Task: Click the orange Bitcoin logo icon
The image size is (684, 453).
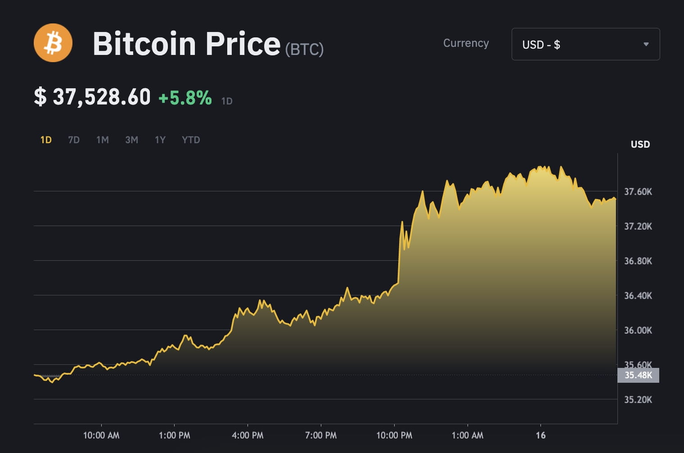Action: [53, 43]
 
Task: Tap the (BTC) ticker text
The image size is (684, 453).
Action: [304, 49]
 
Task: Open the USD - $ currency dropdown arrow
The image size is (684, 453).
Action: [646, 44]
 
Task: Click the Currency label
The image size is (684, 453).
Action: [466, 43]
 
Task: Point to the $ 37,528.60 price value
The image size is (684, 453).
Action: [92, 97]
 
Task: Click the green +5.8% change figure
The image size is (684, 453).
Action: [185, 98]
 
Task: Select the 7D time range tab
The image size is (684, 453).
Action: [74, 140]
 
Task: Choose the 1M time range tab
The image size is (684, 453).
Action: [103, 140]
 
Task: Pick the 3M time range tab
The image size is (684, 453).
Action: [131, 140]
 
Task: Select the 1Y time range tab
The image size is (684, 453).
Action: [160, 140]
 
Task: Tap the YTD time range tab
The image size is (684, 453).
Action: [191, 140]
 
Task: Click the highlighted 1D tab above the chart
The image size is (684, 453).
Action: [46, 140]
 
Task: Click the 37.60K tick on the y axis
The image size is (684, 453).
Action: [638, 192]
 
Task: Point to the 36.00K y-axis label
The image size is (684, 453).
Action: [638, 331]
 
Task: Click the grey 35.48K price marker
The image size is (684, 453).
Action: [638, 375]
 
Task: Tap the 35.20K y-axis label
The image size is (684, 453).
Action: [638, 400]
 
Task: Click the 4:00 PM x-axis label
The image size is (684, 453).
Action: [247, 435]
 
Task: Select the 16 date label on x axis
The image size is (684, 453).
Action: [540, 435]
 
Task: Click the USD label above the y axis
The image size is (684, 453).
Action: [640, 145]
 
